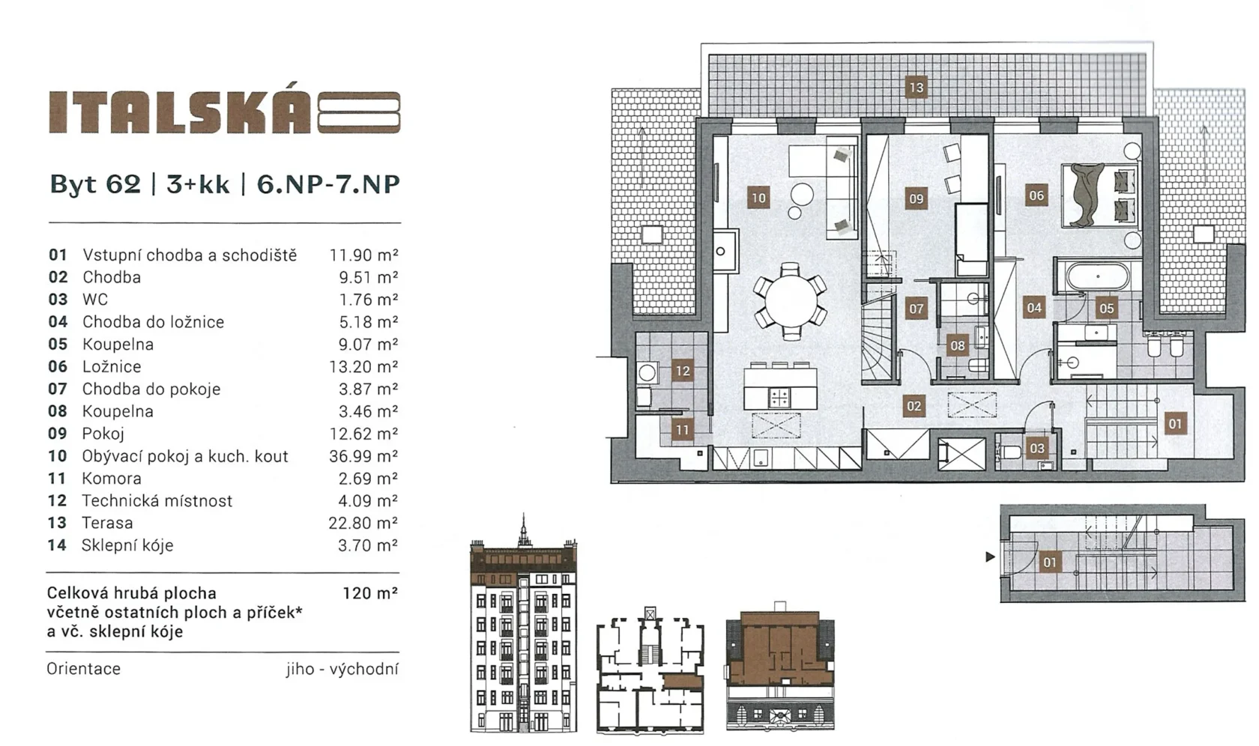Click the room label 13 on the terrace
point(916,87)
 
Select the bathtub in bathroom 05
point(1097,277)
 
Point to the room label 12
point(682,371)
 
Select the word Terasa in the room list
point(107,523)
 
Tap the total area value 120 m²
point(370,593)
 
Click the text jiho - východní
point(342,669)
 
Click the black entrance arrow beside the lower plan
point(991,557)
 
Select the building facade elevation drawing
point(523,623)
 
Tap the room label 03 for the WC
point(1037,448)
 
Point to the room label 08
point(958,345)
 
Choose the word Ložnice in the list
point(112,367)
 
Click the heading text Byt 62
point(95,184)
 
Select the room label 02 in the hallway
point(914,406)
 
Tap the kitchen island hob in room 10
point(779,398)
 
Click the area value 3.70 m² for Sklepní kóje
point(367,545)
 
